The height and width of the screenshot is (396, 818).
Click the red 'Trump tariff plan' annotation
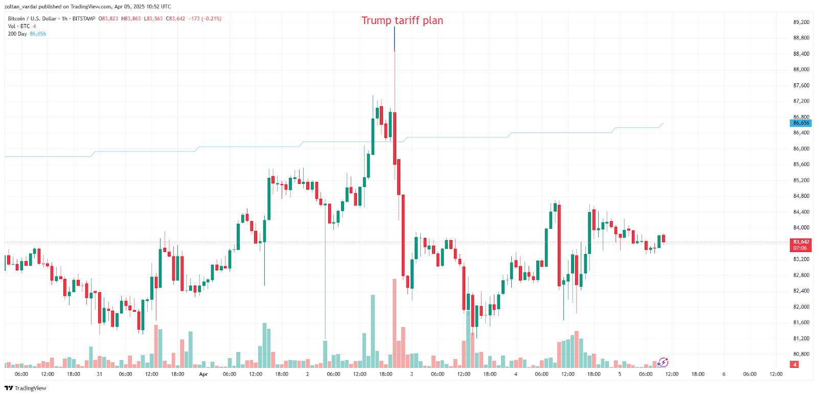[402, 20]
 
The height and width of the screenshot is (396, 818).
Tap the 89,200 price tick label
[801, 22]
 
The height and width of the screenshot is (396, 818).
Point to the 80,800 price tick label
[801, 354]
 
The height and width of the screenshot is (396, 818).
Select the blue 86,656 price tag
[801, 123]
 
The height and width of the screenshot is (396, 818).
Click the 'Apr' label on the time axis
[203, 375]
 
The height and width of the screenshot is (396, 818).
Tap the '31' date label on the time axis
[99, 375]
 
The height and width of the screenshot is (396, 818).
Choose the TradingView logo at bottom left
[26, 388]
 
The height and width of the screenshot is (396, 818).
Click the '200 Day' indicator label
[17, 34]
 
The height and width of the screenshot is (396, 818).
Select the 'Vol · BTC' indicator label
[19, 27]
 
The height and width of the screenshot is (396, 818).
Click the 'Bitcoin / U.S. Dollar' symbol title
[32, 19]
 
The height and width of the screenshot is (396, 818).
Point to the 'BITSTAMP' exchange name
[84, 19]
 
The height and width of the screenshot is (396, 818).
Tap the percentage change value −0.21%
[212, 19]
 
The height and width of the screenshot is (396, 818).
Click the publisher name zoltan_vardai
[20, 7]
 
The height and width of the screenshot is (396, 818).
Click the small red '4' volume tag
[794, 365]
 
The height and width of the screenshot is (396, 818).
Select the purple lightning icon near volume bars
[663, 362]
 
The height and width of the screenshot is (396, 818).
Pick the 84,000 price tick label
[801, 228]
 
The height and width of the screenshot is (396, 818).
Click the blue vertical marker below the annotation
[394, 39]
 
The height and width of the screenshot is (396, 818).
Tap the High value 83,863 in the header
[132, 19]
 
